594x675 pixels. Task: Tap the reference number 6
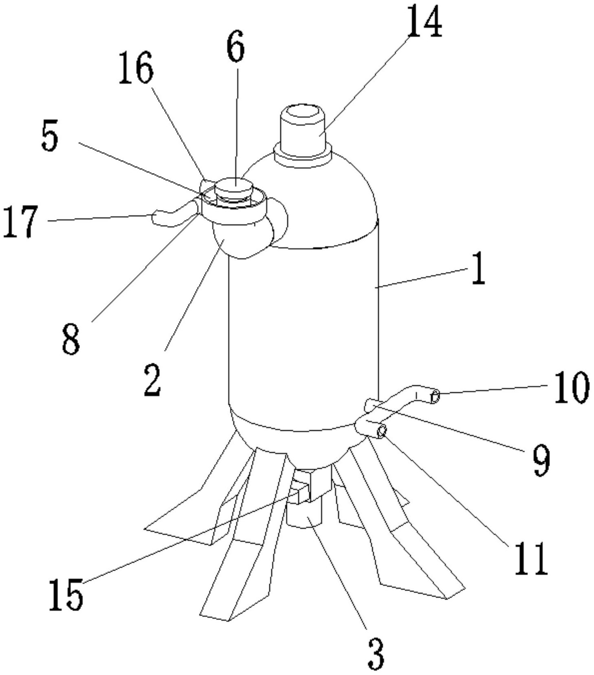(236, 46)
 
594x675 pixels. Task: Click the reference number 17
(20, 221)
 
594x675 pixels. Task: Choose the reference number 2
(152, 380)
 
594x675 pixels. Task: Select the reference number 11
(531, 558)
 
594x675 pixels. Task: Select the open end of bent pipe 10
(435, 396)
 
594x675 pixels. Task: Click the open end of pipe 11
(382, 430)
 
